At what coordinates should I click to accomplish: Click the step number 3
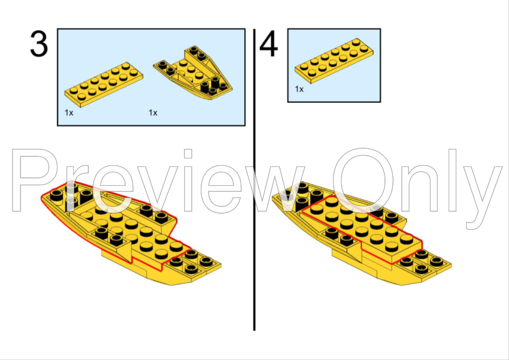(x=39, y=44)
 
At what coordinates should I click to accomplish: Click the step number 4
(x=268, y=44)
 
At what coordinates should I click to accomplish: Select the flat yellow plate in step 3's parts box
(x=103, y=85)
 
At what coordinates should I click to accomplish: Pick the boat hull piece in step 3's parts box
(x=193, y=73)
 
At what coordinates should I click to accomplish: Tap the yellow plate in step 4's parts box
(x=334, y=61)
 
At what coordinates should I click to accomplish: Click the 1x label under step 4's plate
(x=299, y=89)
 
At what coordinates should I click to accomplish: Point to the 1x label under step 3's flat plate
(x=69, y=113)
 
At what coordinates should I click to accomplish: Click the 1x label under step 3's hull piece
(x=153, y=113)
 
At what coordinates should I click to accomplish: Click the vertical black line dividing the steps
(x=254, y=180)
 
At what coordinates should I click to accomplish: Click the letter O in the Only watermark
(x=363, y=180)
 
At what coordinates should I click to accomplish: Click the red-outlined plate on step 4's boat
(x=362, y=229)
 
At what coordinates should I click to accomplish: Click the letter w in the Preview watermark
(x=272, y=188)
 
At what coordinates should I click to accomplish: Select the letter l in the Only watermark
(x=453, y=180)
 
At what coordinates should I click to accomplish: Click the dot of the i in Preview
(x=188, y=153)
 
